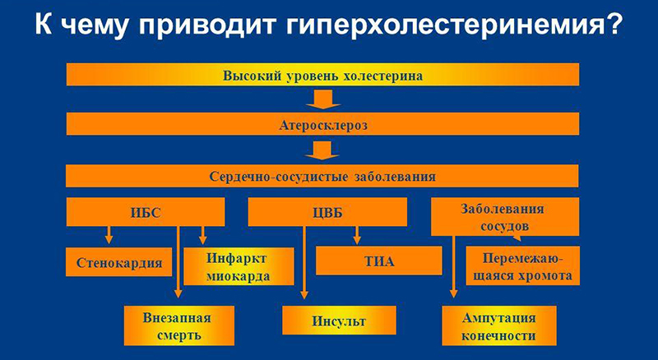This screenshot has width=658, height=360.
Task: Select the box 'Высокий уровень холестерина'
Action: coord(322,76)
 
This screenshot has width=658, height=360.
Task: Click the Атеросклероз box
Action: coord(322,125)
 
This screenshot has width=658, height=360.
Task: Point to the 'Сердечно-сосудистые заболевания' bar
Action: coord(322,175)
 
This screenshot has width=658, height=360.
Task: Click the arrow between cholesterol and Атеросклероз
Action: coord(322,100)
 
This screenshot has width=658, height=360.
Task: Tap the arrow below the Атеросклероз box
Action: coord(322,150)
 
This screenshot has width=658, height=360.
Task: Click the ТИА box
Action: coord(379,263)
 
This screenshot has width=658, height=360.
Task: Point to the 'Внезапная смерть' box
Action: coord(179,325)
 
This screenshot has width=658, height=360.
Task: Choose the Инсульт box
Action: coord(339,320)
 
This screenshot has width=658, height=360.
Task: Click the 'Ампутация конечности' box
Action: coord(499,325)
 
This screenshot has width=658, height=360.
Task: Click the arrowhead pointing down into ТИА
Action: coord(357,240)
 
